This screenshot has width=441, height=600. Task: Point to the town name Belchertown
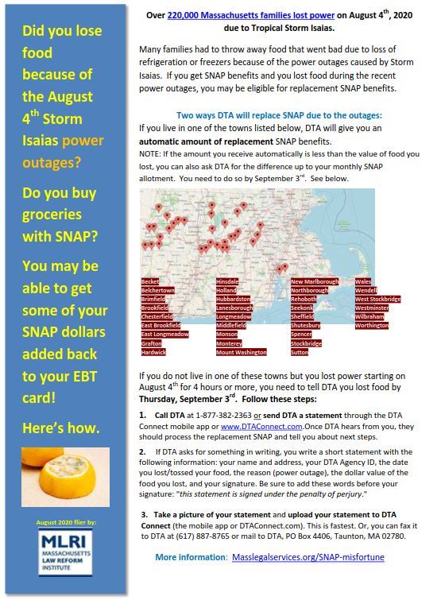(158, 290)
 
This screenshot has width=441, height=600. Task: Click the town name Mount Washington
(241, 351)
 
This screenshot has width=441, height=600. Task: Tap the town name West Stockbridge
(377, 299)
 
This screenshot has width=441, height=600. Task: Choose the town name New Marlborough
(314, 281)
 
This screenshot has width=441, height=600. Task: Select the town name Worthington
(372, 325)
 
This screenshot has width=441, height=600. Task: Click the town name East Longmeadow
(164, 334)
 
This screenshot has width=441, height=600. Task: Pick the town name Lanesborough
(234, 308)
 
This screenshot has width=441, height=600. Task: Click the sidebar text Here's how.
(62, 428)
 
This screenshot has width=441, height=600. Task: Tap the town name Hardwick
(153, 351)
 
